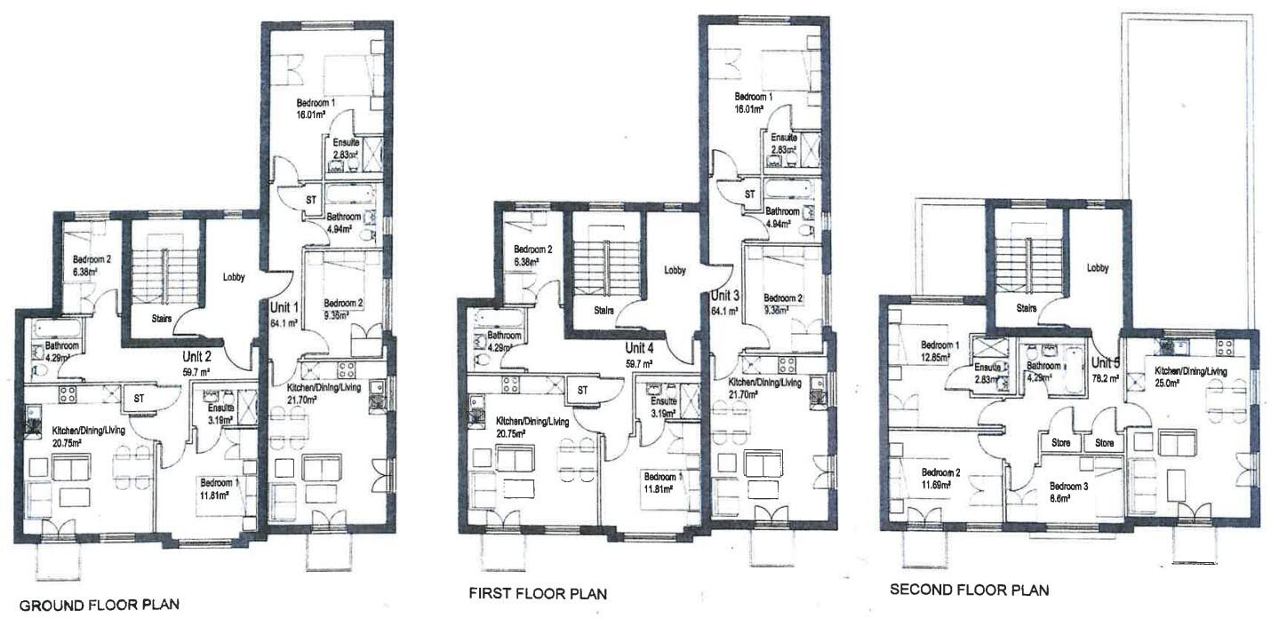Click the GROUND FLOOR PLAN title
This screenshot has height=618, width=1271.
pyautogui.click(x=99, y=606)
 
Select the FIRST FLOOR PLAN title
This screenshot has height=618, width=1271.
pyautogui.click(x=537, y=593)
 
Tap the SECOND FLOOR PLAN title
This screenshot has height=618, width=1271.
pyautogui.click(x=969, y=590)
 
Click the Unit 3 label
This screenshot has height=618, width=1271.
pyautogui.click(x=726, y=297)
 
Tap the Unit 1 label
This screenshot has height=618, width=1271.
pyautogui.click(x=285, y=307)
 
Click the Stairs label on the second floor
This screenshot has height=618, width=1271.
pyautogui.click(x=1026, y=308)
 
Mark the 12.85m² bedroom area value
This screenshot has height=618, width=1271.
pyautogui.click(x=935, y=357)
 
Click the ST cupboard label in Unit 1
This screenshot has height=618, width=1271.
pyautogui.click(x=311, y=198)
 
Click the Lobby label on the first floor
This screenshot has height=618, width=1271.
pyautogui.click(x=675, y=270)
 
